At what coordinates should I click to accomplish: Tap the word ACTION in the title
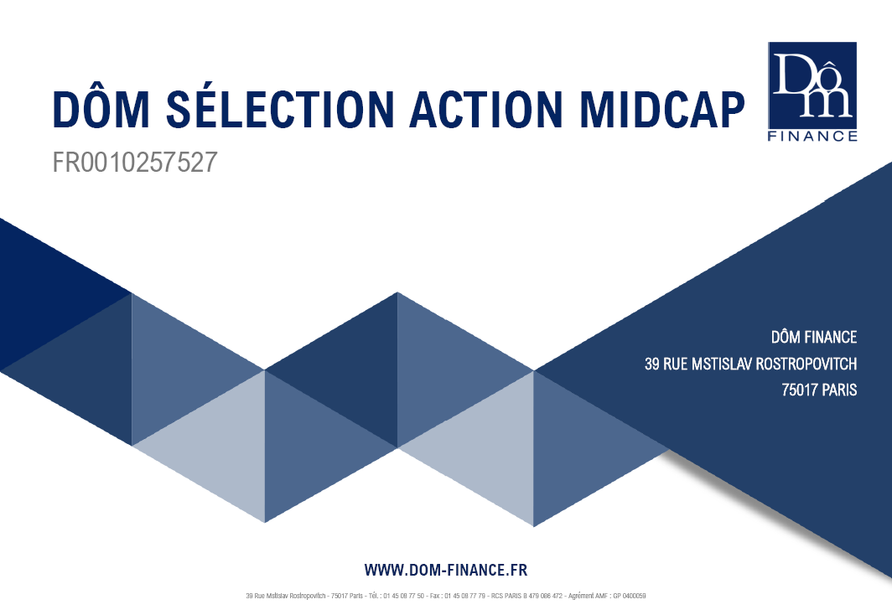(x=486, y=108)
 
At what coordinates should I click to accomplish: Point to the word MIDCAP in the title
(x=662, y=108)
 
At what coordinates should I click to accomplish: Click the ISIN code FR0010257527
(x=135, y=162)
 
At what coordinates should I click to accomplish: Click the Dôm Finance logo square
(x=812, y=85)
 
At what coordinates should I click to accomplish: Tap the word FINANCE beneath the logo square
(x=812, y=136)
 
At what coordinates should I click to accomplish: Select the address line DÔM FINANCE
(x=814, y=337)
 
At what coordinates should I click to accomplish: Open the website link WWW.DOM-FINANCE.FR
(x=446, y=570)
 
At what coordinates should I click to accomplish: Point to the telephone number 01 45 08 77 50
(x=403, y=596)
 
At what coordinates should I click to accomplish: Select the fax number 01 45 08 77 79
(x=464, y=596)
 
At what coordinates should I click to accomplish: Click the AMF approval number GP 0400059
(x=630, y=596)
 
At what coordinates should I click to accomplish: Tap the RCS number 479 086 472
(x=546, y=596)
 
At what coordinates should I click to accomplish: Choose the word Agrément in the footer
(x=580, y=596)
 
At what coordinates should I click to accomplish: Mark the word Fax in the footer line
(x=434, y=596)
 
